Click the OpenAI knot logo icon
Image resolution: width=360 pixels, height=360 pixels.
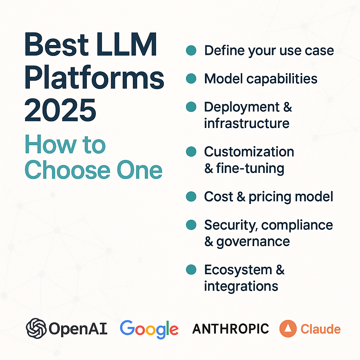click(x=36, y=328)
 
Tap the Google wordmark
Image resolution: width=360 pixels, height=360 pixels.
click(x=149, y=329)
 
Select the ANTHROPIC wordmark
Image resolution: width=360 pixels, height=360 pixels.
click(x=231, y=329)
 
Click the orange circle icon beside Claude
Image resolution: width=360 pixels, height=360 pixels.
click(x=288, y=329)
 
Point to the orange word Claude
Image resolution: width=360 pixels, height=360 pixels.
click(x=321, y=329)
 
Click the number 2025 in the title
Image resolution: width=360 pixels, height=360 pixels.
click(x=60, y=110)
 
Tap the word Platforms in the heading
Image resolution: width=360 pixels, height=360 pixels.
click(x=94, y=77)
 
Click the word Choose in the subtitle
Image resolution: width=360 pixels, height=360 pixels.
click(x=67, y=170)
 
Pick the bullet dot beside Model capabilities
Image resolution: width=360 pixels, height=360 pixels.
click(x=191, y=78)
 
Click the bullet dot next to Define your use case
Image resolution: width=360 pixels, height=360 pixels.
click(x=191, y=50)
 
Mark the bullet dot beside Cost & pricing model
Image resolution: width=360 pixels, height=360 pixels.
click(x=191, y=197)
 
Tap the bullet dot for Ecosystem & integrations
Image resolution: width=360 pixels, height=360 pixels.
click(x=191, y=270)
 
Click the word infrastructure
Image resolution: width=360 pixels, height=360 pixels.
click(x=246, y=123)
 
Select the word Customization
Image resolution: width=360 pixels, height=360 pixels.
click(x=249, y=152)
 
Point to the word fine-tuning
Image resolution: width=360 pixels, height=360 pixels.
click(x=250, y=169)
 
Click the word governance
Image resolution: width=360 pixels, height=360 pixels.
click(x=253, y=242)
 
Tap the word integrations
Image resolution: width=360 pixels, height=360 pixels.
click(x=241, y=287)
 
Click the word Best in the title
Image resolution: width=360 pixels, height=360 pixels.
click(x=57, y=44)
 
